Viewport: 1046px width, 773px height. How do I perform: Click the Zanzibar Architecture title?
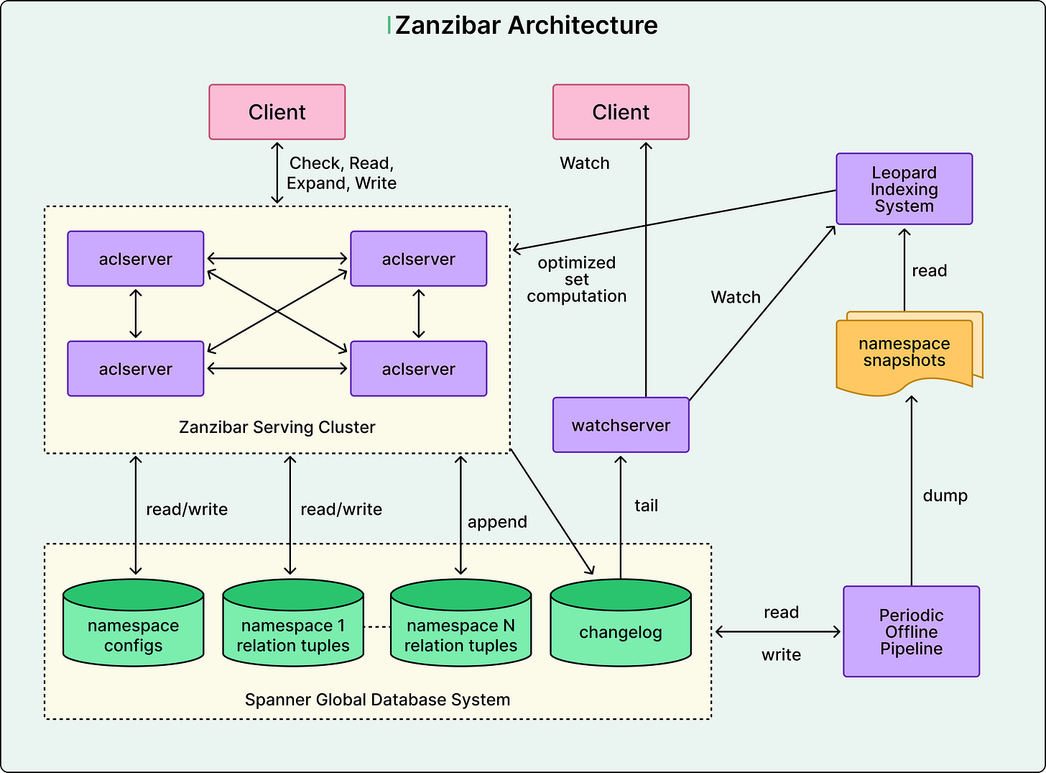point(525,26)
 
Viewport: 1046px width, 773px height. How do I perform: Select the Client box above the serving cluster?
point(277,112)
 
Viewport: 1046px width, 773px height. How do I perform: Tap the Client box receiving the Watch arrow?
point(621,112)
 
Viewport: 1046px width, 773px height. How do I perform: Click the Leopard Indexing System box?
point(904,189)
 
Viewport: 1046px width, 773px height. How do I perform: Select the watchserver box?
point(621,426)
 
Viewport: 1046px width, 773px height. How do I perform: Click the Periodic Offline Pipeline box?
point(911,632)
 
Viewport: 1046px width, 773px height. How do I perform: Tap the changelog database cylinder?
point(621,626)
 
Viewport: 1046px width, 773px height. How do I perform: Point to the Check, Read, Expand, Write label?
point(341,173)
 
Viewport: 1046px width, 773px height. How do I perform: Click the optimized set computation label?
point(576,280)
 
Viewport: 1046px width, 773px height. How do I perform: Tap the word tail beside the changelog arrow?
point(646,506)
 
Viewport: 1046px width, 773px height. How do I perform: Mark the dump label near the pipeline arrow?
point(945,496)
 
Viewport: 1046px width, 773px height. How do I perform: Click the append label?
point(497,522)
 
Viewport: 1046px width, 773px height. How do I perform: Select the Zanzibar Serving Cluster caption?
point(277,427)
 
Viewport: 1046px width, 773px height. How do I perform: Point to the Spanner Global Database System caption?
point(377,700)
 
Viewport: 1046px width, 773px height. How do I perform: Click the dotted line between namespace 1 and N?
point(377,627)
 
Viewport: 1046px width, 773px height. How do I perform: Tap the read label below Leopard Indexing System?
point(929,271)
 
